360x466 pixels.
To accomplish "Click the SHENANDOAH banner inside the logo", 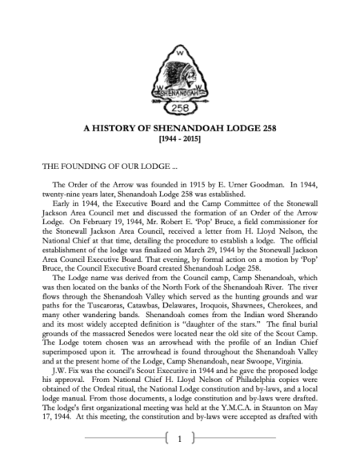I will (177, 90).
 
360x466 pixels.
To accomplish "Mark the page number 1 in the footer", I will (180, 439).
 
